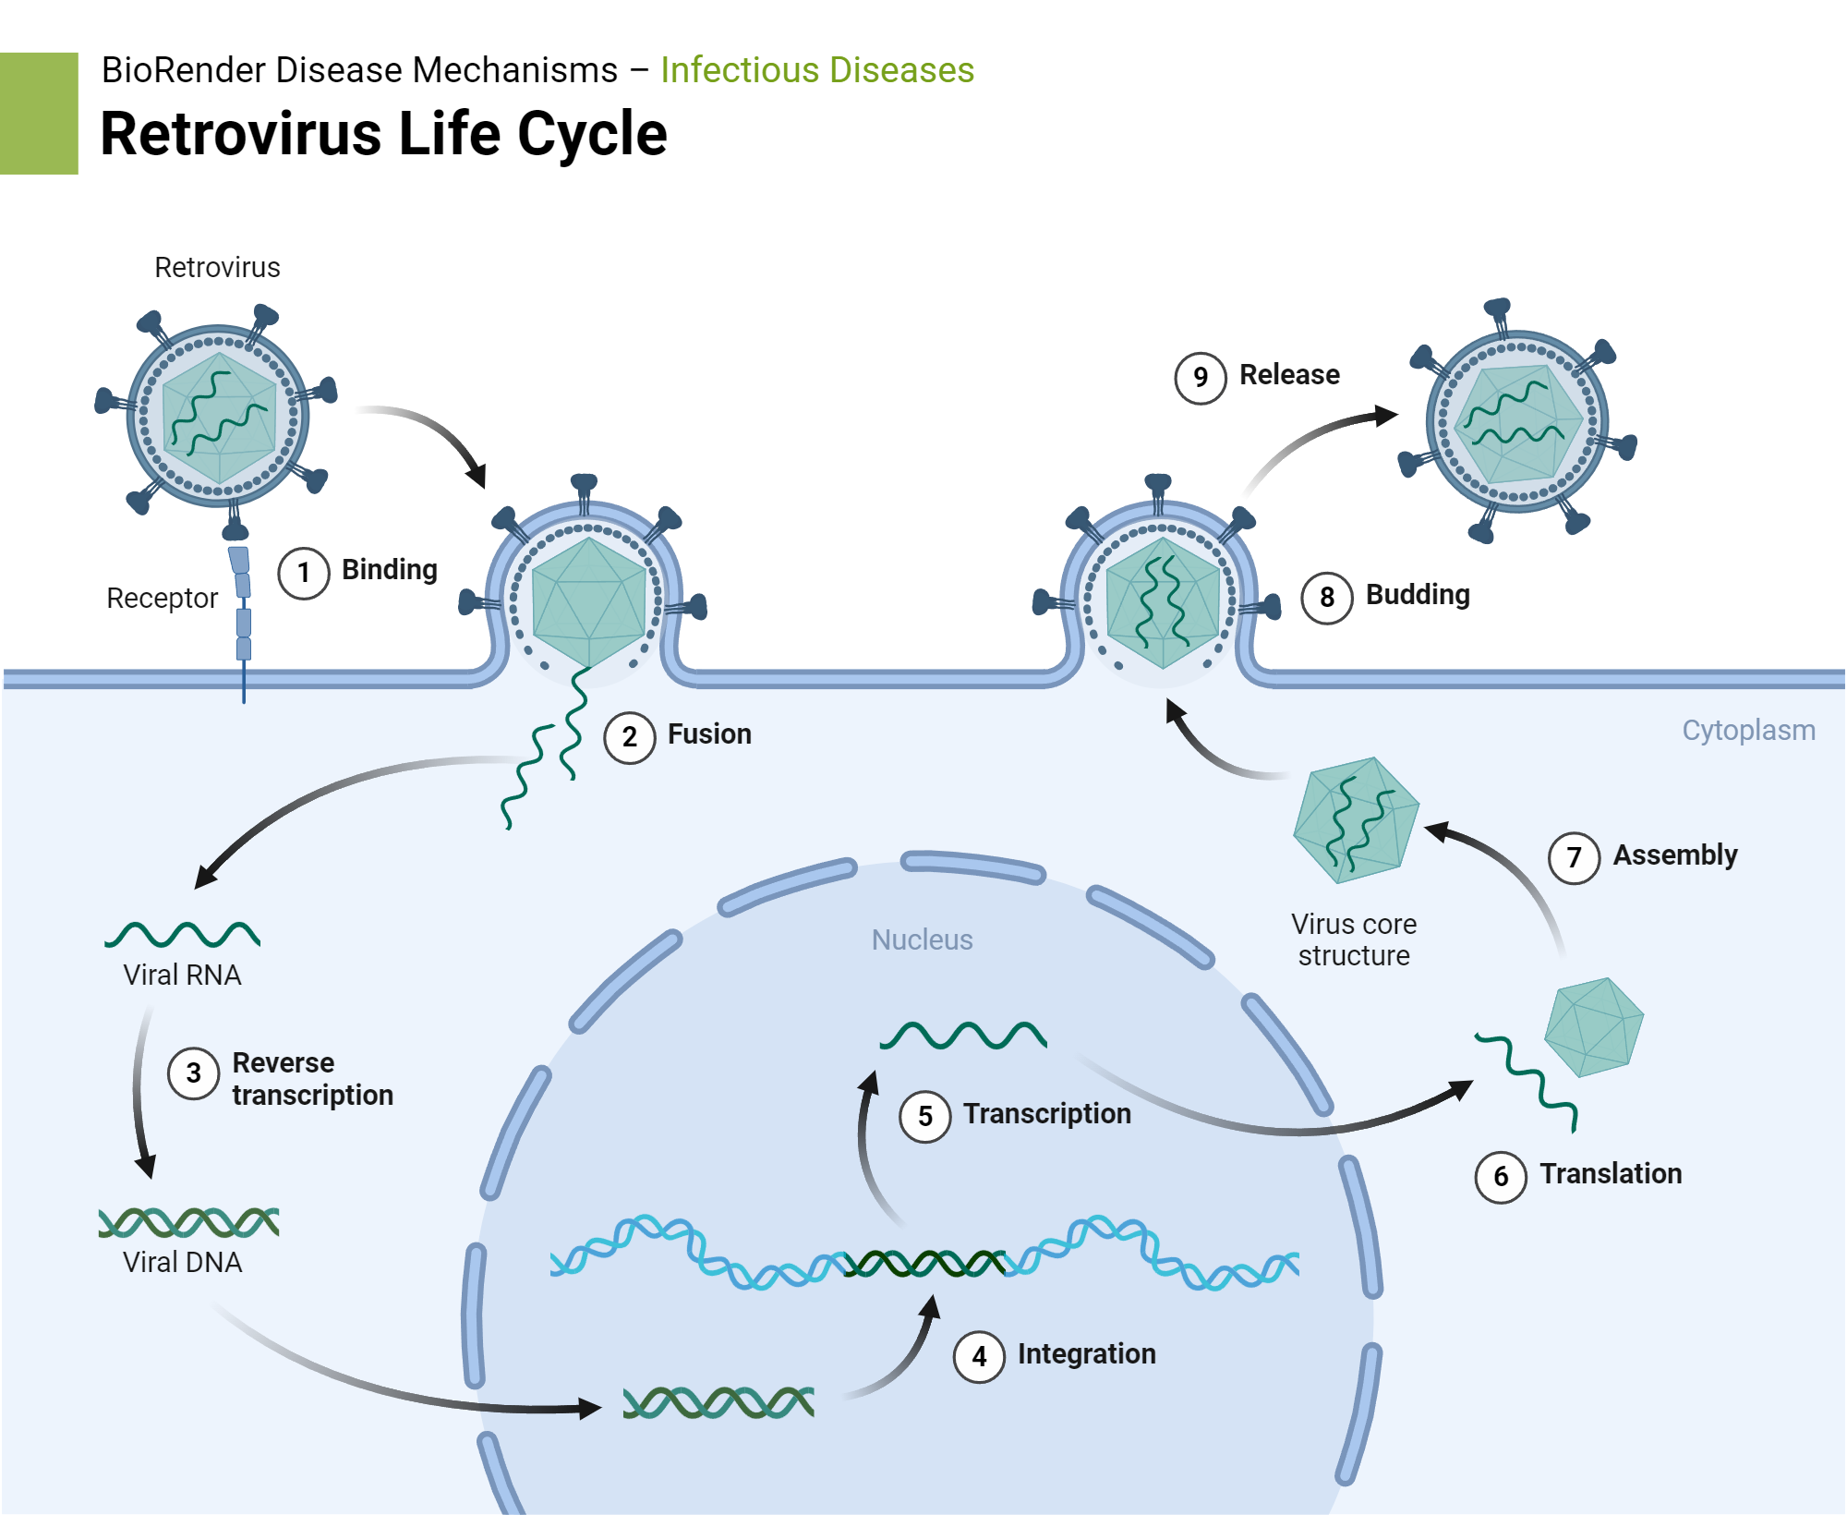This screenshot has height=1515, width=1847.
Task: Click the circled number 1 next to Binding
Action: click(303, 573)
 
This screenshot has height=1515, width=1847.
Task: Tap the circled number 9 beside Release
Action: click(1200, 378)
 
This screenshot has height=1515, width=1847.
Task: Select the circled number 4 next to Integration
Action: click(979, 1356)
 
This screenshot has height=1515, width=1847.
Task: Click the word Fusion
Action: click(708, 734)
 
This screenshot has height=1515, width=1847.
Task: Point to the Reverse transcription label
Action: click(311, 1079)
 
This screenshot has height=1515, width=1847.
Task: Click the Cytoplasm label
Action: click(1747, 731)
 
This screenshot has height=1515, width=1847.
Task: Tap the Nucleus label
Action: click(922, 939)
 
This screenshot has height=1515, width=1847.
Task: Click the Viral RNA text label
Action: click(182, 976)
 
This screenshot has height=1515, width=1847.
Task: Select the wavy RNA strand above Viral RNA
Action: click(182, 935)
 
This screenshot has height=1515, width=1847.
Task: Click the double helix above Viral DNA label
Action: click(188, 1222)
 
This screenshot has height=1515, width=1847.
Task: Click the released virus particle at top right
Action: click(1516, 421)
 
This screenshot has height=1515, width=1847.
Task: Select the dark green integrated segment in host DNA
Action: click(923, 1263)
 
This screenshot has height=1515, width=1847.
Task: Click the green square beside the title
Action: click(39, 113)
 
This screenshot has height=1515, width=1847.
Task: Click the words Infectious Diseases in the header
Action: click(816, 70)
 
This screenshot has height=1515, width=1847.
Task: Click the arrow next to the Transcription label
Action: click(868, 1145)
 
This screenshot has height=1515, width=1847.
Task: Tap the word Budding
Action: click(1417, 595)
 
